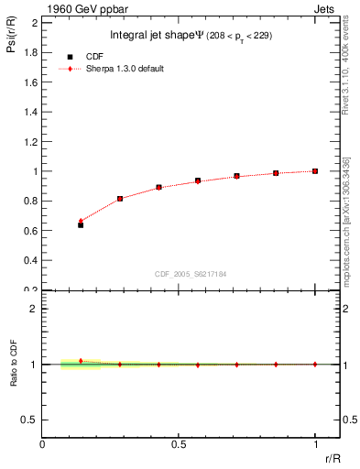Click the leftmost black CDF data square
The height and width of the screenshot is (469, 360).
pos(81,224)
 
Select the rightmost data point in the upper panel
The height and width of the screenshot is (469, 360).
pos(315,171)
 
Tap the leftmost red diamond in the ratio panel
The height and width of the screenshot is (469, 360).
pos(81,361)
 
